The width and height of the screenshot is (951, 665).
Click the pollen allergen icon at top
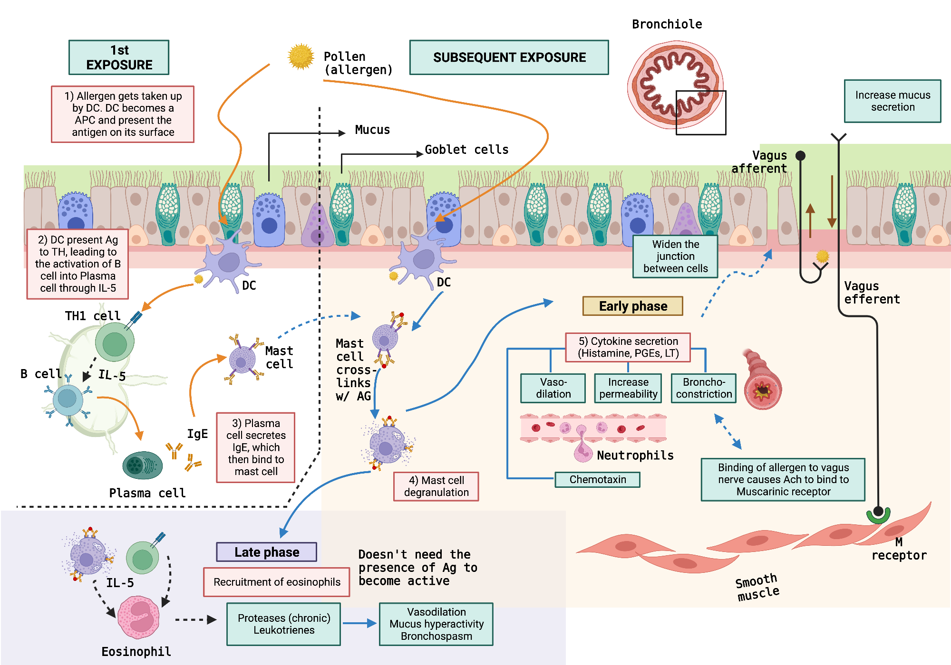coord(301,57)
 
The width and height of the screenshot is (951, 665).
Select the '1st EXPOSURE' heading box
coord(119,57)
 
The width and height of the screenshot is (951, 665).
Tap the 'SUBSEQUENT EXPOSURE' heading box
coord(509,57)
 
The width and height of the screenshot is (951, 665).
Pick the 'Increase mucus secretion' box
coord(892,101)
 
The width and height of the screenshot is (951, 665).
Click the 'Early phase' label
coord(632,306)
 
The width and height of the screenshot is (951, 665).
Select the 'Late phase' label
coord(266,552)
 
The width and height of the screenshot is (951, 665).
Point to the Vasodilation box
coord(553,388)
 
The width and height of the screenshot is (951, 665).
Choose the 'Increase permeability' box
coord(628,388)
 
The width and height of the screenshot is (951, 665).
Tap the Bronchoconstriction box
coord(703,388)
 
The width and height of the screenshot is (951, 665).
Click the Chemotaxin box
coord(597,479)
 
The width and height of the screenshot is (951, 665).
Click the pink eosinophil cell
coord(138,617)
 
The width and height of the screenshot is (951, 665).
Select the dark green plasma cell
coord(142,465)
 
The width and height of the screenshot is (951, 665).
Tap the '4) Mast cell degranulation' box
coord(436,486)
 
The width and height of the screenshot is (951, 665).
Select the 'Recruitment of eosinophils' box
coord(276,582)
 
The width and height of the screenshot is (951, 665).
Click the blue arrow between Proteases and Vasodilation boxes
coord(359,623)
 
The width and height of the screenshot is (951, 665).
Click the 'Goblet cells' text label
coord(466,150)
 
